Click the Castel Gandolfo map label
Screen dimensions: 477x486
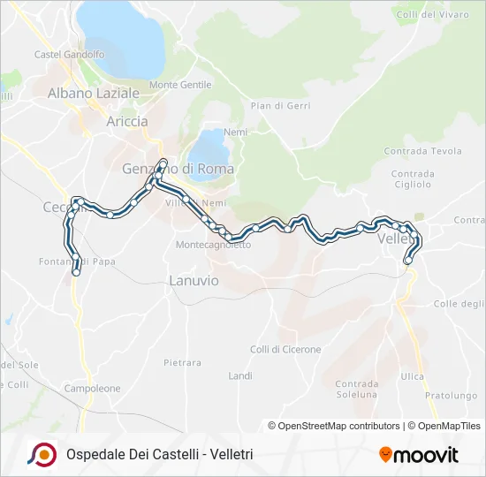coord(69,55)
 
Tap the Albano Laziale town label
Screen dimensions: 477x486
coord(94,93)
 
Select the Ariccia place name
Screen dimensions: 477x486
coord(126,122)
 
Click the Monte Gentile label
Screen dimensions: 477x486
coord(181,85)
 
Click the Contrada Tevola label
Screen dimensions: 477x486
coord(422,151)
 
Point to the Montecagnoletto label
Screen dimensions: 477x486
coord(213,245)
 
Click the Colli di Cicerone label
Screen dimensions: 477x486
coord(285,350)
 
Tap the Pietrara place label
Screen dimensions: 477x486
coord(182,363)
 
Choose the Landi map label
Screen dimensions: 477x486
coord(240,375)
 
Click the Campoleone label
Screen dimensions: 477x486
coord(92,388)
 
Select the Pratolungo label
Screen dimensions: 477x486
coord(444,395)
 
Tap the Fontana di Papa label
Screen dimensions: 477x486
coord(78,261)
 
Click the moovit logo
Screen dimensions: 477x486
coord(418,455)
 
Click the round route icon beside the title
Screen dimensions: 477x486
coord(42,454)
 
